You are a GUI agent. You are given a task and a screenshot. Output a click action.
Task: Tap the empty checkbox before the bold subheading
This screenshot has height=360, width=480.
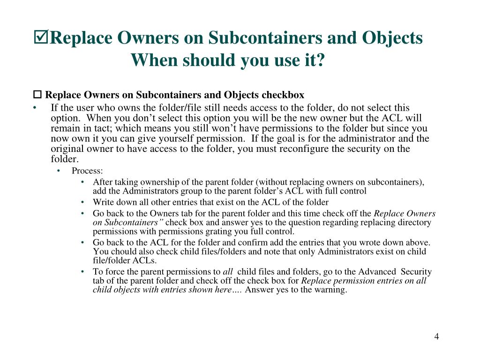coord(37,95)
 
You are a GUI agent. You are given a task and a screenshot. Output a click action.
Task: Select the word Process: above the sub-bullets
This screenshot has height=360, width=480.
coord(87,171)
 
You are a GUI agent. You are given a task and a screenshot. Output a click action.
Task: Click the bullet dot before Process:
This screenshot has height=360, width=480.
coord(58,171)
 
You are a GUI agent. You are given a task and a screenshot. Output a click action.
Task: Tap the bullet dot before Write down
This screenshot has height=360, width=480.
coord(82,202)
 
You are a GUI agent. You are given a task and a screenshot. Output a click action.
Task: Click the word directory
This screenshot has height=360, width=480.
coord(414,223)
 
